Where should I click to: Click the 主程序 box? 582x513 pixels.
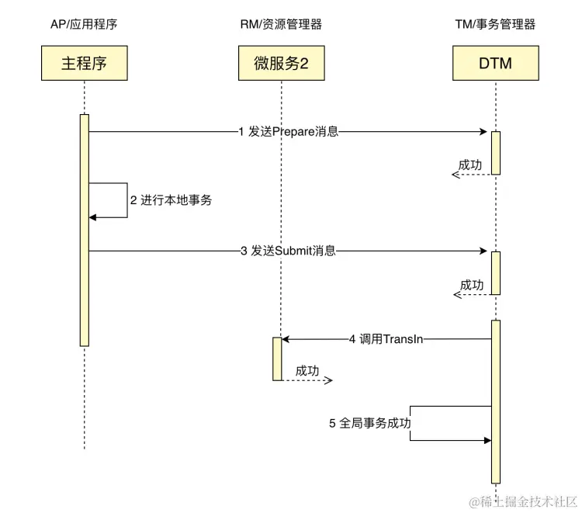pyautogui.click(x=84, y=63)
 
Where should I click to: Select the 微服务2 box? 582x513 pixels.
pyautogui.click(x=281, y=63)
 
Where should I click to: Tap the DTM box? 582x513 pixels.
pyautogui.click(x=495, y=63)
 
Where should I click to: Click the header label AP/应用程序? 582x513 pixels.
pyautogui.click(x=84, y=25)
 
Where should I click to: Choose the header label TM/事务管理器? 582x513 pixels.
pyautogui.click(x=495, y=25)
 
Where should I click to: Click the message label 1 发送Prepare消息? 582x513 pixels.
pyautogui.click(x=288, y=132)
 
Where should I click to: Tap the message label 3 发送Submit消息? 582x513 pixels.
pyautogui.click(x=288, y=251)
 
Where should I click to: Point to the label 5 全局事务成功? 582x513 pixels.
pyautogui.click(x=369, y=424)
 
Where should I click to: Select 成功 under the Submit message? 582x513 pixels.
pyautogui.click(x=471, y=285)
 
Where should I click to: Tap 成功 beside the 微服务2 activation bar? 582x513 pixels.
pyautogui.click(x=307, y=370)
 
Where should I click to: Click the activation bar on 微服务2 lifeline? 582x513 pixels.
pyautogui.click(x=276, y=359)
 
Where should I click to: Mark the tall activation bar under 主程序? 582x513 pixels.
pyautogui.click(x=85, y=230)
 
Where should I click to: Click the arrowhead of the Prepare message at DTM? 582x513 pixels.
pyautogui.click(x=487, y=132)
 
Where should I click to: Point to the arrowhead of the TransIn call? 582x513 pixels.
pyautogui.click(x=285, y=339)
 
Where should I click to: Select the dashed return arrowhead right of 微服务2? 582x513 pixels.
pyautogui.click(x=329, y=380)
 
